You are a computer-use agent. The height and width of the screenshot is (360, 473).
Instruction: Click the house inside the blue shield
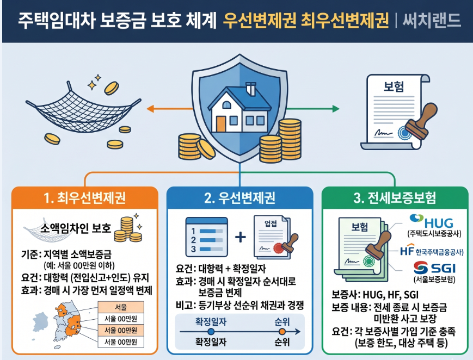239,112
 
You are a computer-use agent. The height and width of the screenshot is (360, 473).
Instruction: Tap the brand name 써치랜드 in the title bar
432,21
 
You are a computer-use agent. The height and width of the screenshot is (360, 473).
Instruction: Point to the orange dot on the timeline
281,331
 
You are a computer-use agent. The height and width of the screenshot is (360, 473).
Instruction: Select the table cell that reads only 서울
120,307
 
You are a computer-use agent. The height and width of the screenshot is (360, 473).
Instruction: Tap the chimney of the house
251,88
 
